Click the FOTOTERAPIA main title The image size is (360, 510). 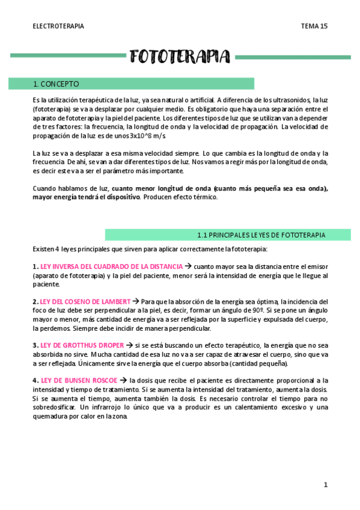180,57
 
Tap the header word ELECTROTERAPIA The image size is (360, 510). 58,26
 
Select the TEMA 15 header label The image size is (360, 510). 314,26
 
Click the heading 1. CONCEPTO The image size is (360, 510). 56,84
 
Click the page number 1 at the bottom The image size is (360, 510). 325,484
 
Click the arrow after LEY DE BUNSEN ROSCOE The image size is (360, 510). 123,380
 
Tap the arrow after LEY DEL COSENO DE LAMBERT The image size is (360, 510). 135,301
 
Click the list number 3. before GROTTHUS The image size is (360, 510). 35,345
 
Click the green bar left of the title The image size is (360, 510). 67,57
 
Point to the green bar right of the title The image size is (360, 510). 293,57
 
